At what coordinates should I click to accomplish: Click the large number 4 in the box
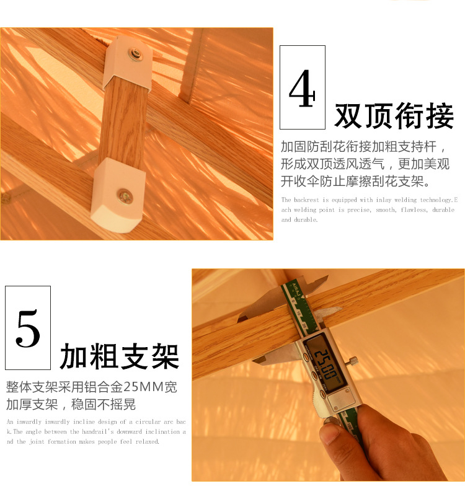pos(302,88)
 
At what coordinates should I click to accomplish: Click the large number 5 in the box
pos(28,329)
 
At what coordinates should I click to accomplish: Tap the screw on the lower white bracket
pos(125,196)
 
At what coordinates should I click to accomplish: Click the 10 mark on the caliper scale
pos(298,313)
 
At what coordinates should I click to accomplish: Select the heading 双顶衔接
pos(394,116)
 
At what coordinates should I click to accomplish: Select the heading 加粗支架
pos(120,356)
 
